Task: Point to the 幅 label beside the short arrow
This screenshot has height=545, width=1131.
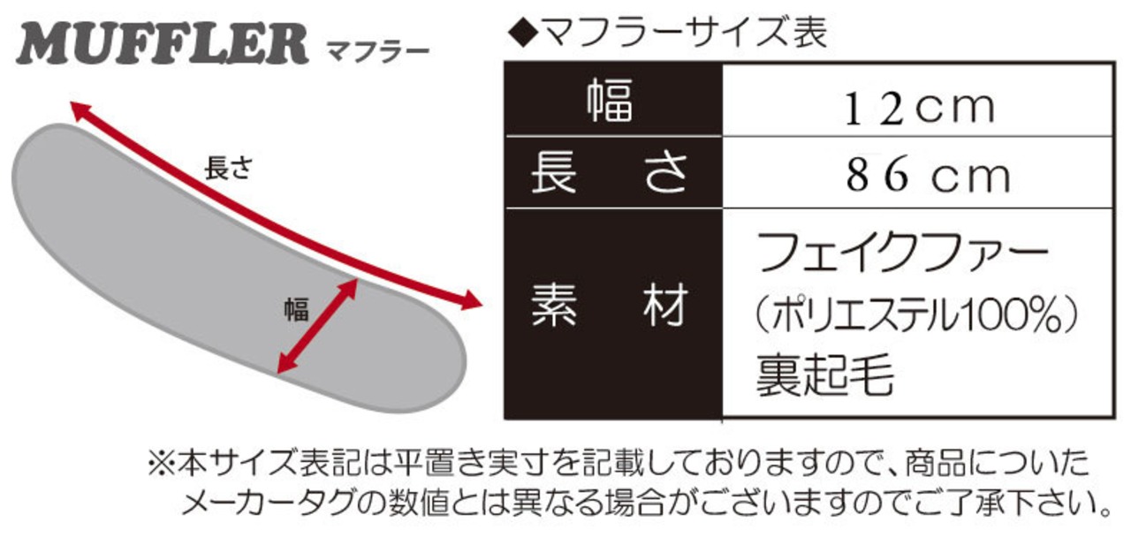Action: (x=296, y=311)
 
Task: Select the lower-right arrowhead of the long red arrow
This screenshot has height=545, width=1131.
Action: (x=474, y=302)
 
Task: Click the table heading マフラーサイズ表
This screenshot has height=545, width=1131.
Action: (x=681, y=33)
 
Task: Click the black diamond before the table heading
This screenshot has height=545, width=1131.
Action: (x=522, y=34)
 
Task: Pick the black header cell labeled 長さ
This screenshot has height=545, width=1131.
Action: (x=611, y=172)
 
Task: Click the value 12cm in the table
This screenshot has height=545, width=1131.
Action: (x=919, y=107)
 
